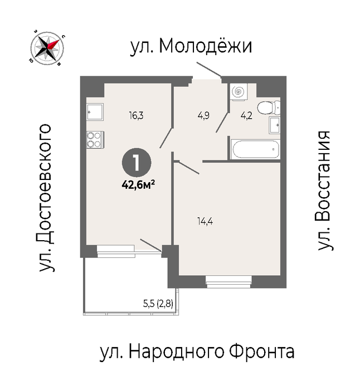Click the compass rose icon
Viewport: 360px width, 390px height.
47,48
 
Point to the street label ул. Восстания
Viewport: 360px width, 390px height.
324,191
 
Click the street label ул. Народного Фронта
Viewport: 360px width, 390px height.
197,352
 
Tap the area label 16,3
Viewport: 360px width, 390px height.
136,116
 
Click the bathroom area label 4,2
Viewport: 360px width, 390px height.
246,116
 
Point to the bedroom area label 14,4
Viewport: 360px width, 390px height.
205,221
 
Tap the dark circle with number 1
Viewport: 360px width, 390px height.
137,163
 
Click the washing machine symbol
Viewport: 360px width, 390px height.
239,92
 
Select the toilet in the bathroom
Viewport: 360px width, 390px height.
269,108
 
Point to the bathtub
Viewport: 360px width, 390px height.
255,149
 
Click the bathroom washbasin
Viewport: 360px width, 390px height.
274,125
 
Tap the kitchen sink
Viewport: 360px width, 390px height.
95,112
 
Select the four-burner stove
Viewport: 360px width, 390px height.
95,139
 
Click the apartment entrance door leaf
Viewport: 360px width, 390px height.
208,69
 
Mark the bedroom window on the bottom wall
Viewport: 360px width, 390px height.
228,282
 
